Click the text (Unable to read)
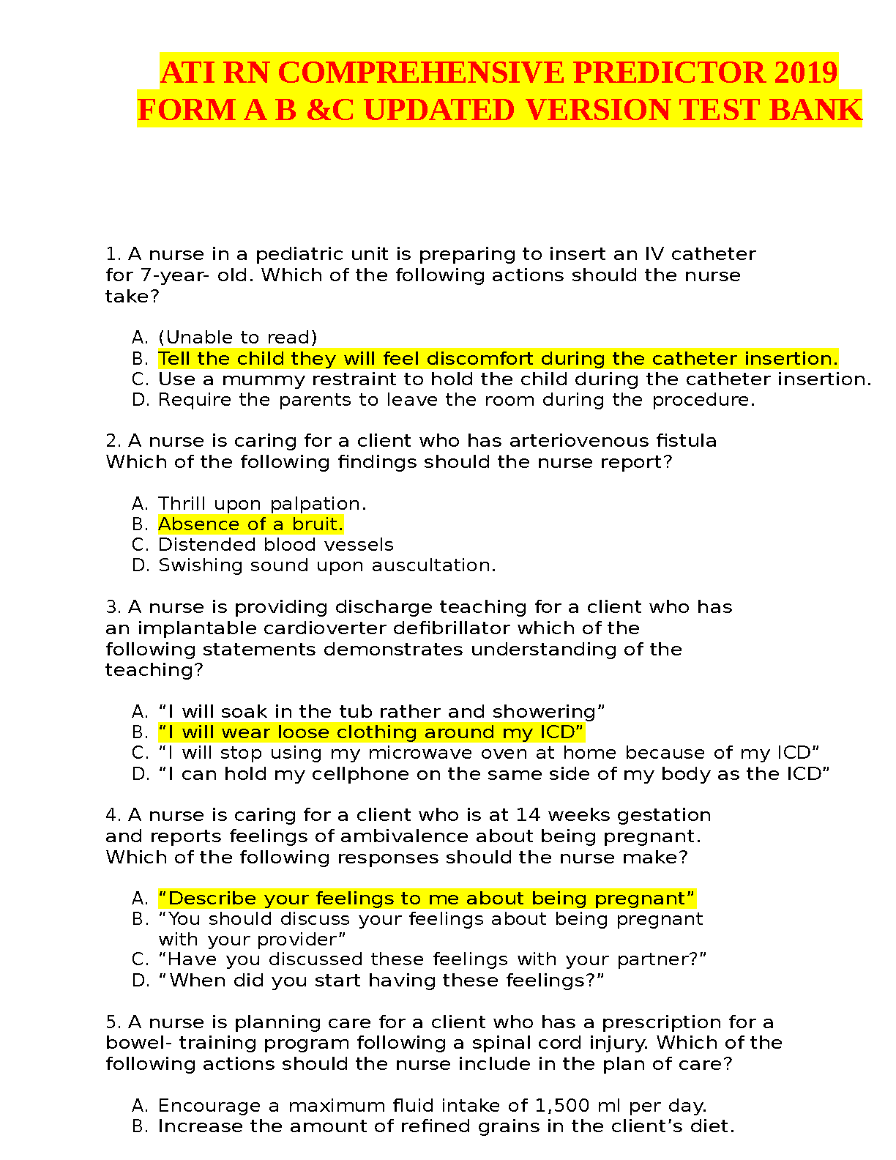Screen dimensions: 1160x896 click(x=238, y=338)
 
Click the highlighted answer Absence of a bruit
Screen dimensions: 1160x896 click(x=250, y=524)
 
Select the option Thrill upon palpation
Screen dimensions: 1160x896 click(x=262, y=504)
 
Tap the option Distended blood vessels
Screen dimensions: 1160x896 click(x=275, y=545)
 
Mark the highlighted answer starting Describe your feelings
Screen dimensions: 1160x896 click(x=426, y=899)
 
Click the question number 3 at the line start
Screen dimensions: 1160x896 click(x=112, y=607)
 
